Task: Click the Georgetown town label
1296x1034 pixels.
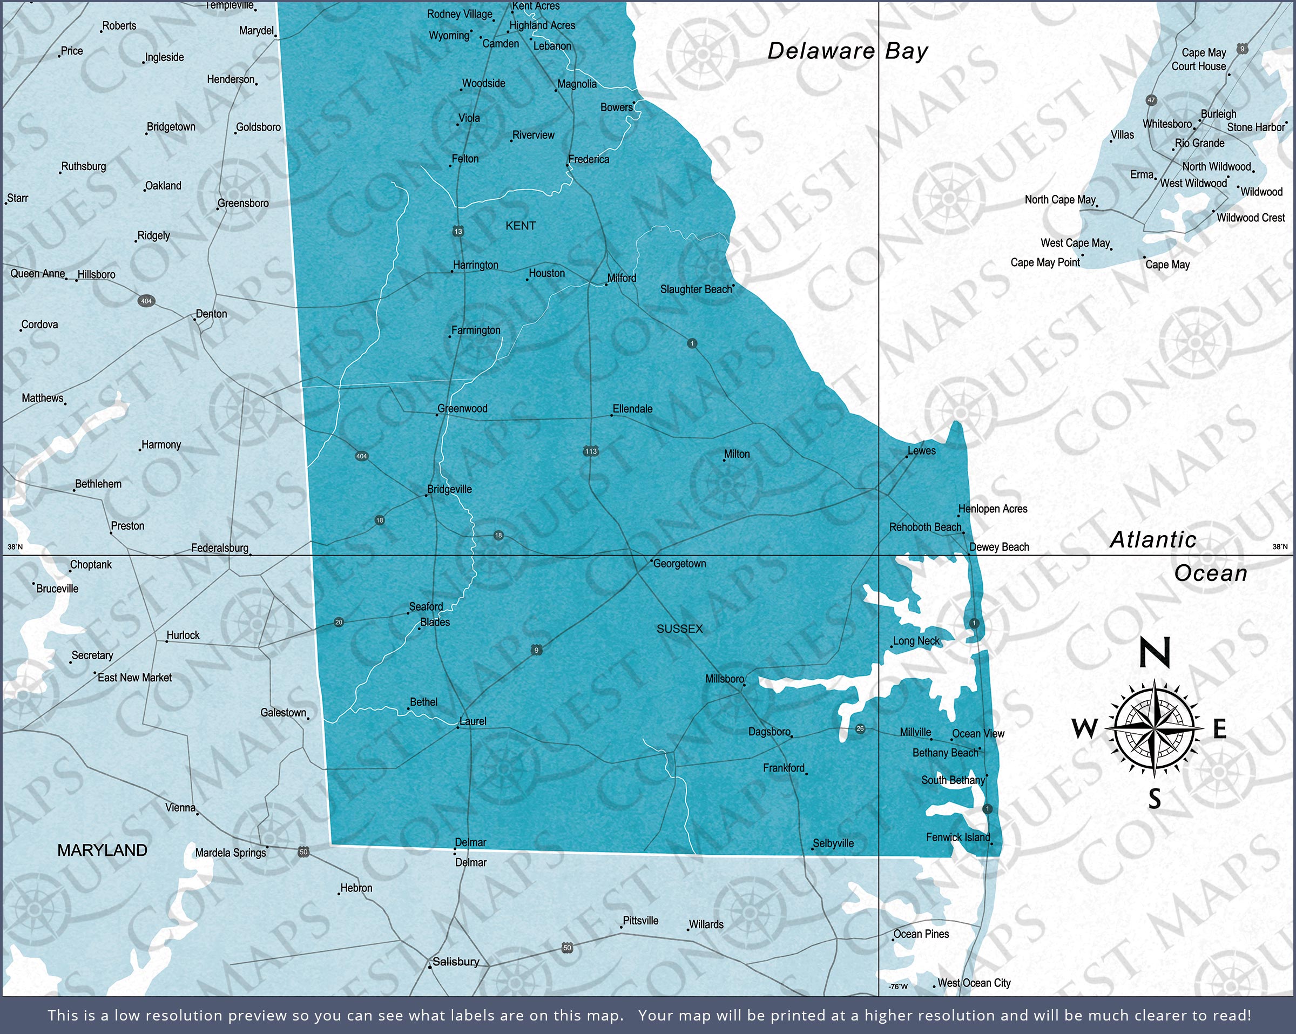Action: pos(679,564)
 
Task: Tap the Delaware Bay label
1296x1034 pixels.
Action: pos(848,51)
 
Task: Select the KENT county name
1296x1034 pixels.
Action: pos(521,226)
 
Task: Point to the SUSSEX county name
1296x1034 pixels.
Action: pos(679,629)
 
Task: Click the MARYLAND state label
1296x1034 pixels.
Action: pos(102,850)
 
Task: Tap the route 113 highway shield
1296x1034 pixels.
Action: pos(591,451)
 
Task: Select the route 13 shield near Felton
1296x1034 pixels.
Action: pos(458,232)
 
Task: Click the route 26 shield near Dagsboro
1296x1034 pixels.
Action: pos(860,728)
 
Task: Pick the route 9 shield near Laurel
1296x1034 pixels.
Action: pos(537,650)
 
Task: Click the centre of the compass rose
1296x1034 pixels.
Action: pos(1154,728)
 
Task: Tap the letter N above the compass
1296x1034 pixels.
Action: pos(1155,653)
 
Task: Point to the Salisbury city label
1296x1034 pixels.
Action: pos(456,962)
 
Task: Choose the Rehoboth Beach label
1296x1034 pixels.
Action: pos(925,527)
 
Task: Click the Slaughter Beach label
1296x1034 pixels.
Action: pos(696,289)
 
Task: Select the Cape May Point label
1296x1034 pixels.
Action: pos(1045,263)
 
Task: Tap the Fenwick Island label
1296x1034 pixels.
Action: pos(957,837)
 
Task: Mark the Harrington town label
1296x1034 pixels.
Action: pos(476,265)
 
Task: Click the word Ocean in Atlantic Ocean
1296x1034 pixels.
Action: pos(1211,573)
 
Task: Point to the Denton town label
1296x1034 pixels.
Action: pos(212,314)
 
